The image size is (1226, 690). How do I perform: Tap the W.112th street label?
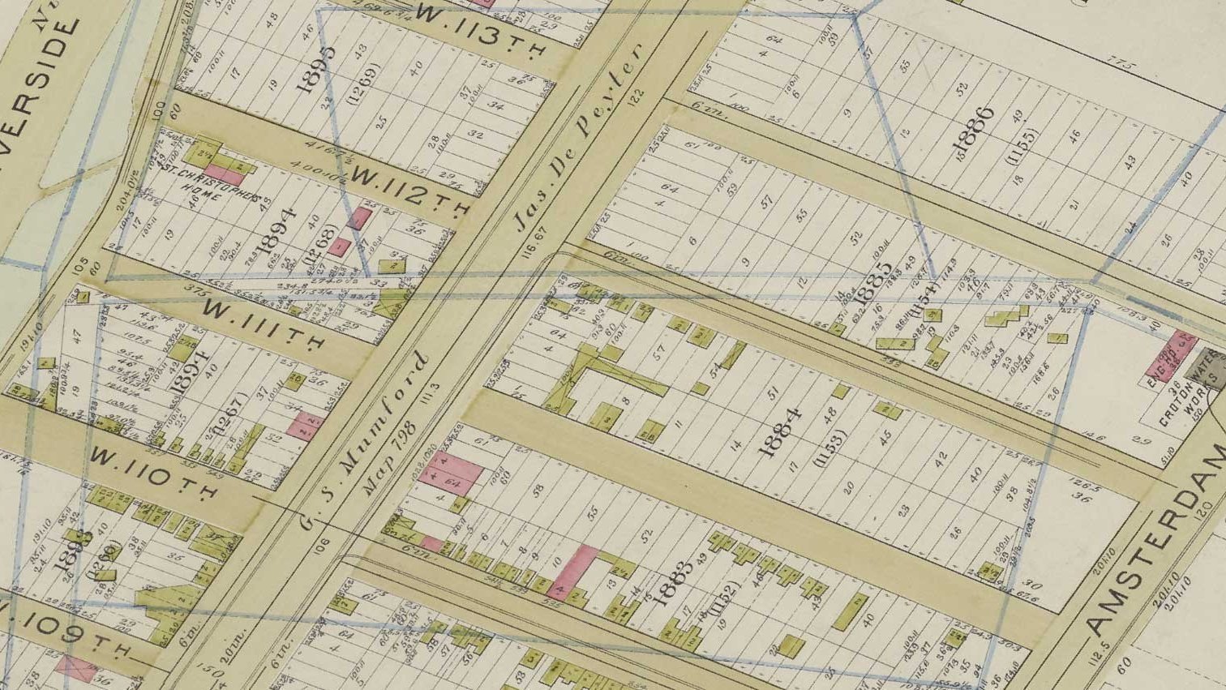click(409, 192)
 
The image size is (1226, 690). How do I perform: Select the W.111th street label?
click(263, 323)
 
